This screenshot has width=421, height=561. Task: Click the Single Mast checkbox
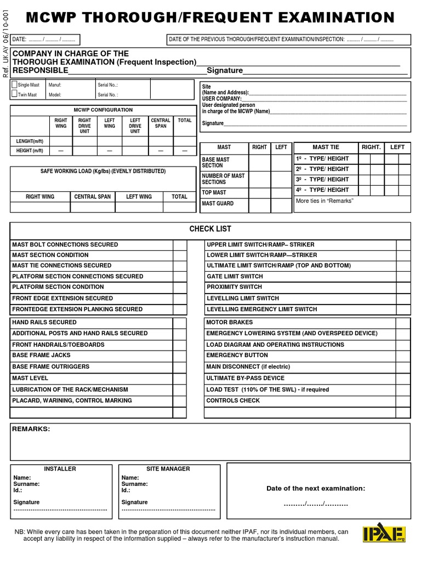(x=15, y=85)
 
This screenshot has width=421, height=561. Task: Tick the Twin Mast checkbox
(x=15, y=94)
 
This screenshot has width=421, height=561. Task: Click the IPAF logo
(x=384, y=534)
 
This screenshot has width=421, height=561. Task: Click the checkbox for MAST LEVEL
(x=180, y=379)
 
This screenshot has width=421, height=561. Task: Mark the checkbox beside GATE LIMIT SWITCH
(x=403, y=277)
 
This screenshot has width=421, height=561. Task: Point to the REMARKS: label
(x=31, y=429)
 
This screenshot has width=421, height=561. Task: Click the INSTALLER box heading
(x=60, y=469)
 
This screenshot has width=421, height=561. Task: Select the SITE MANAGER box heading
(x=168, y=469)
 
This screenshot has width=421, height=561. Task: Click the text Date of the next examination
(x=316, y=488)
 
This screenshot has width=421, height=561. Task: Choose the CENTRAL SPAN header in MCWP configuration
(x=161, y=123)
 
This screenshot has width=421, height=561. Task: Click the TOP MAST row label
(x=214, y=193)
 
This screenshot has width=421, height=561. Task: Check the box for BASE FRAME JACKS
(x=180, y=356)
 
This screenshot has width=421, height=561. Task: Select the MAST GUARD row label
(x=218, y=204)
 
